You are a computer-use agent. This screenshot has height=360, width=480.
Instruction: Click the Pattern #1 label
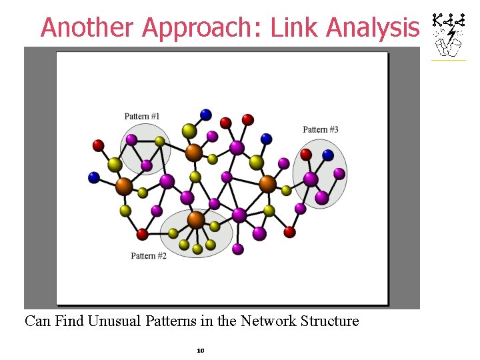[x=142, y=117]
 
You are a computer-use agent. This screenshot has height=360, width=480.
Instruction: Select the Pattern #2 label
[x=148, y=256]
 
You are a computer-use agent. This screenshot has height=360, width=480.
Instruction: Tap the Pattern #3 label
[x=321, y=129]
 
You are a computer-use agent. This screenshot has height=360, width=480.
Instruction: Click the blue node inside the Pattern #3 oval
[x=328, y=155]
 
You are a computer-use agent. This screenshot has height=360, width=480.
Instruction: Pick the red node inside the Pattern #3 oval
[x=306, y=155]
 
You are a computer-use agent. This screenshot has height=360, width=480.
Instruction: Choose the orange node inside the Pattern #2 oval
[x=196, y=219]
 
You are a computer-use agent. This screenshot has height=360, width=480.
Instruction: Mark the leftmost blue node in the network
[x=94, y=177]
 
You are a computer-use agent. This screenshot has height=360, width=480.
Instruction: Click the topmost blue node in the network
[x=206, y=114]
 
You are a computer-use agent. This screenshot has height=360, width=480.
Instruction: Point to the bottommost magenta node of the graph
[x=238, y=249]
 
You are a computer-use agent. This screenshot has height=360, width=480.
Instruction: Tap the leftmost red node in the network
[x=98, y=145]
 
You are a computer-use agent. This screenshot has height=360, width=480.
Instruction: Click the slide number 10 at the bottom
[x=200, y=349]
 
